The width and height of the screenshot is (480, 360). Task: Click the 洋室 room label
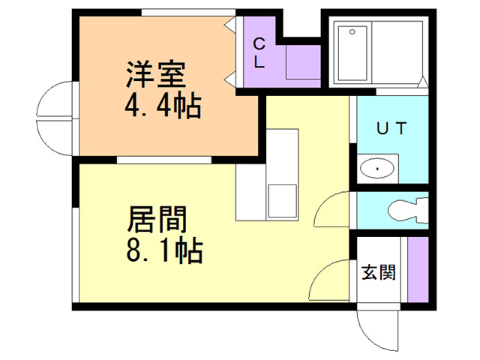pos(156,74)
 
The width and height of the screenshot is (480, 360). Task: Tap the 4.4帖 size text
pos(163,106)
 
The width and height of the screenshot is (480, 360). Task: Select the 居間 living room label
pos(157,219)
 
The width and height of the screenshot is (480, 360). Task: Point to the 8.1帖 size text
pos(165,250)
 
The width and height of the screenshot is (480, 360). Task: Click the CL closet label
pos(259,53)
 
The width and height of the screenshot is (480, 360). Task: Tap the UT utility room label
pos(391,128)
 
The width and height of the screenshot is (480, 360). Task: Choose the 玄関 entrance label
pos(379,272)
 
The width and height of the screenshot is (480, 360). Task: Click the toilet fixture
pos(408,210)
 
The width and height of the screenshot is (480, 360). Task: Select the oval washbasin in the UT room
pos(377,169)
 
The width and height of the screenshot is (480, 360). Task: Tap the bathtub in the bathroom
pos(352,53)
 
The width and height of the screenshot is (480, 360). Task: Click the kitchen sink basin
pos(282,201)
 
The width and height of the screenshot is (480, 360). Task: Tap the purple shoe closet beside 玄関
pos(418,269)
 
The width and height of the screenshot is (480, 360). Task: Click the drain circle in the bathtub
pos(352,31)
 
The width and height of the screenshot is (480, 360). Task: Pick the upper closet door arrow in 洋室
pos(230,25)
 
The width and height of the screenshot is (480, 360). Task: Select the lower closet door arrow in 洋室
pos(230,80)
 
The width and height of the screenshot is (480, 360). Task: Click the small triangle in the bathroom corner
pos(423,81)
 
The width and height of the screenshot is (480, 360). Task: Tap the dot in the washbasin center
pos(377,169)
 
